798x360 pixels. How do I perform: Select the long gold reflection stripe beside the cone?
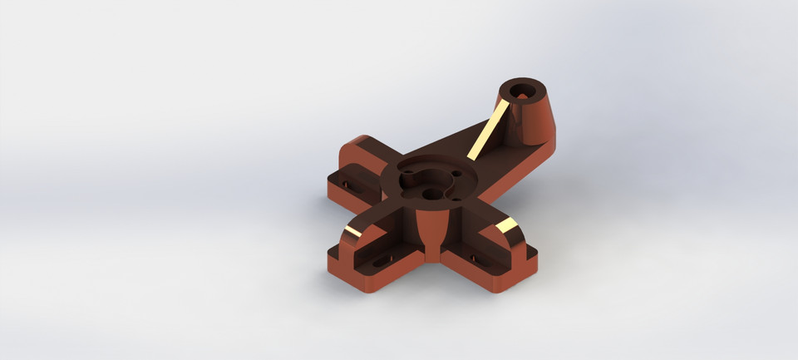(489, 127)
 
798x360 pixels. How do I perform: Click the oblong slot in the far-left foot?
(347, 177)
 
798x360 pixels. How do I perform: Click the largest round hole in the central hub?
(416, 177)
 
